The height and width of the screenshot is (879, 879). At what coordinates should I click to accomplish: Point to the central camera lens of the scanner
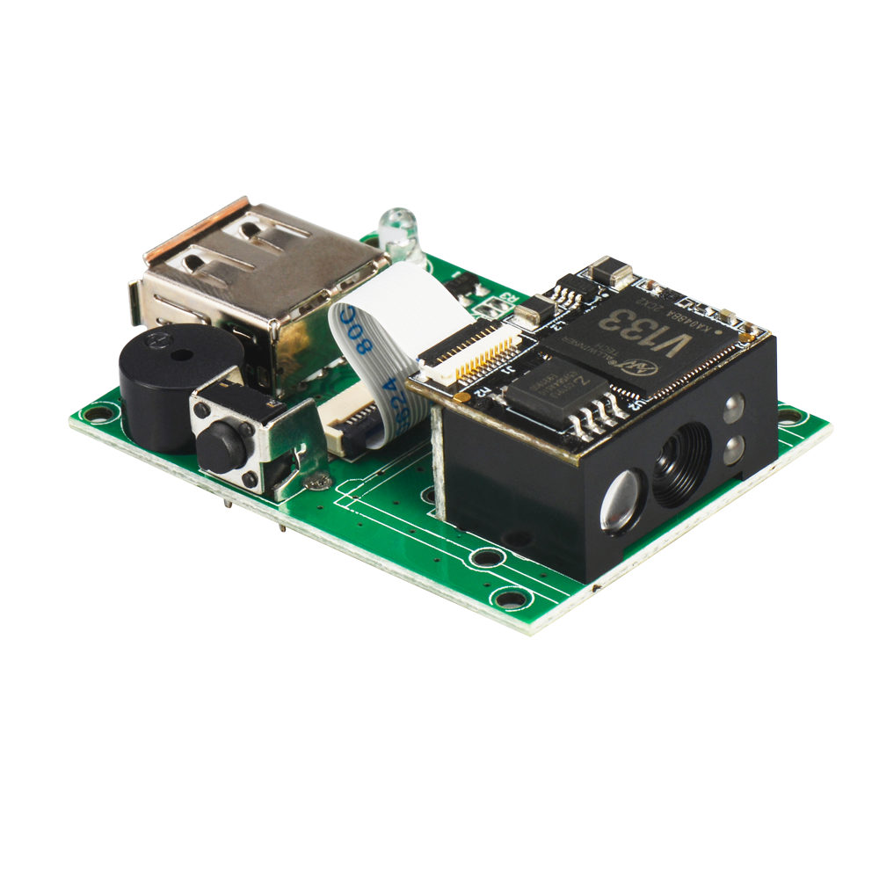point(681,463)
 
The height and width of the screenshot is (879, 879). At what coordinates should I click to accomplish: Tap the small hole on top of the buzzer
point(181,356)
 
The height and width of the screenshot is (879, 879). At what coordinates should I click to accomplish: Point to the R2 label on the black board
point(483,394)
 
